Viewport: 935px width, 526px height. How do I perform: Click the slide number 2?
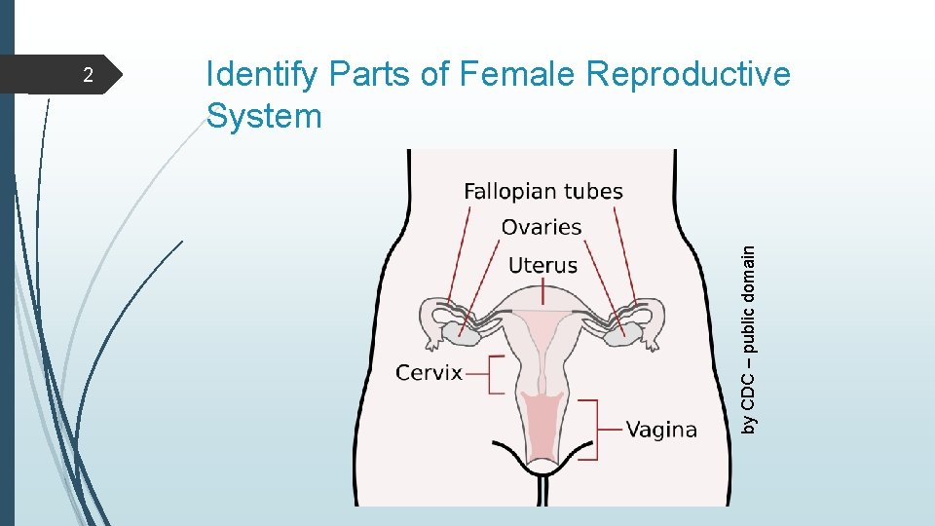[x=87, y=76]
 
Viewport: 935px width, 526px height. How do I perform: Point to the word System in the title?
[x=264, y=117]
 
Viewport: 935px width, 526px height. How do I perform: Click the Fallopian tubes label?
[x=542, y=192]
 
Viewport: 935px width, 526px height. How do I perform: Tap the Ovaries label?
[x=541, y=228]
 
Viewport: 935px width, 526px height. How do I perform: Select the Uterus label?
[x=542, y=265]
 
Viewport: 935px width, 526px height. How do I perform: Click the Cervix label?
[x=429, y=373]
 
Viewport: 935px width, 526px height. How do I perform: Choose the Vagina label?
[x=660, y=430]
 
